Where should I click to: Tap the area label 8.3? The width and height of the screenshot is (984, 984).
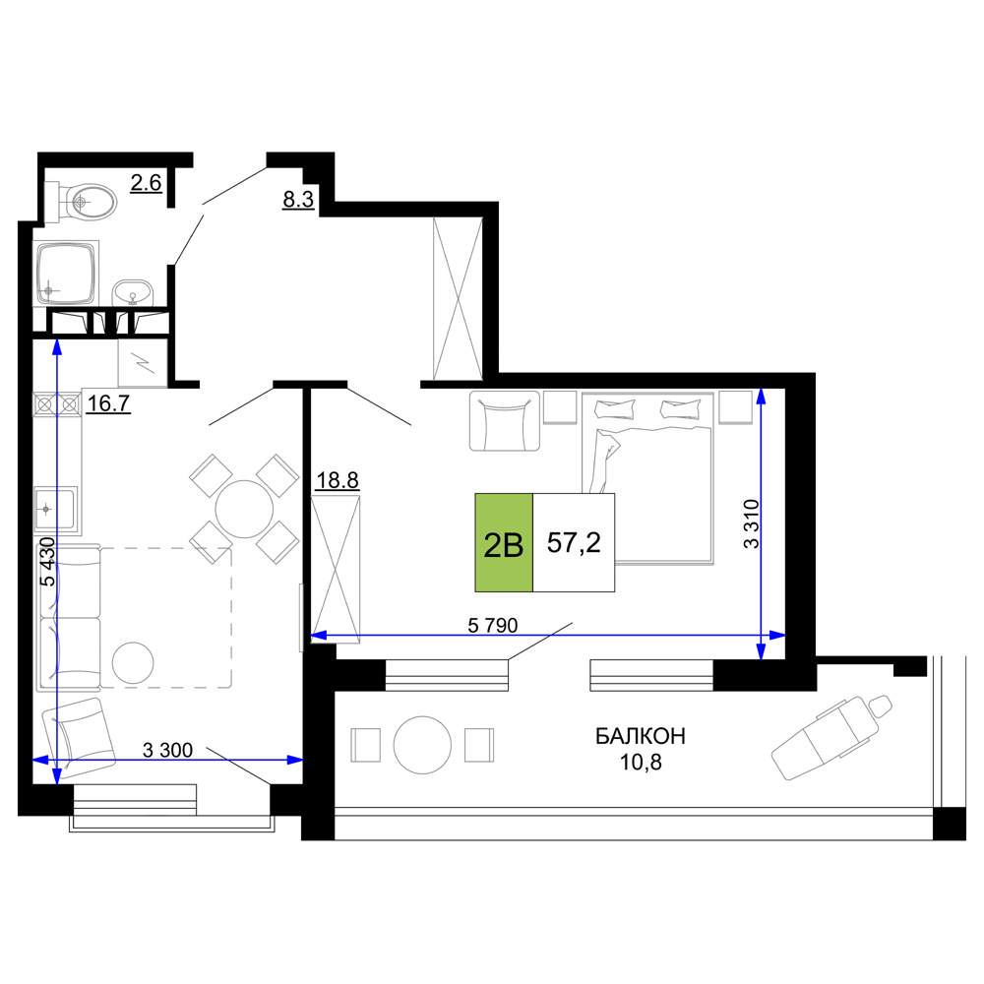(x=298, y=200)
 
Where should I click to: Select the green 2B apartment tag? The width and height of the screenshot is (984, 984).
(x=504, y=543)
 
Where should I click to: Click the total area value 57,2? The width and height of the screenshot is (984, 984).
(x=574, y=542)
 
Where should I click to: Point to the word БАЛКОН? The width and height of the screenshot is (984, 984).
(x=641, y=735)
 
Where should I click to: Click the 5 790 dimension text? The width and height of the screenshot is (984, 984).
(x=493, y=625)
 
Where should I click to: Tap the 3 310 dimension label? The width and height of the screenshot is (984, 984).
(x=751, y=524)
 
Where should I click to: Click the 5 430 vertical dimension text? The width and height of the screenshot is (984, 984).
(x=47, y=561)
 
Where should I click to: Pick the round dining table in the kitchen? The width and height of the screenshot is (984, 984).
(x=244, y=509)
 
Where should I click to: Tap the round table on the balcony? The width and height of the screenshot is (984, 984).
(x=422, y=746)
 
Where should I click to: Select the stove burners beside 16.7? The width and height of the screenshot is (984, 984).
(x=57, y=404)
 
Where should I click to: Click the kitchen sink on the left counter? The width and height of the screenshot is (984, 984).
(x=55, y=509)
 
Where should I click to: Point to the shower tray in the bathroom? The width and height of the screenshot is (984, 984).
(x=66, y=273)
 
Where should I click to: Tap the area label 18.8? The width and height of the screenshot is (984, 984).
(x=337, y=481)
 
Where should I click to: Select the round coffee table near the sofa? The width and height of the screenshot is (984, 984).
(x=133, y=662)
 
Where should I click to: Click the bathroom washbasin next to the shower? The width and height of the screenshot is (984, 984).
(x=133, y=293)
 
